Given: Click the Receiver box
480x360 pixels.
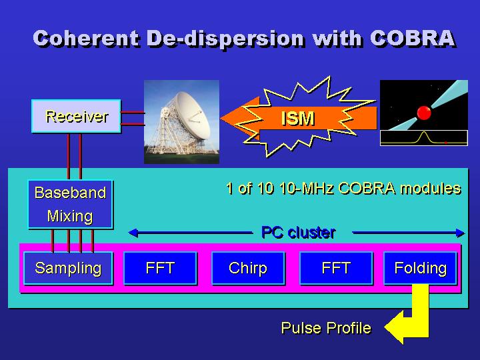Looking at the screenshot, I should [76, 117].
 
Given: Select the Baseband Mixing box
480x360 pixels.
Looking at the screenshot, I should [70, 205].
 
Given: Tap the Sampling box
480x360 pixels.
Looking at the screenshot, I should [68, 269].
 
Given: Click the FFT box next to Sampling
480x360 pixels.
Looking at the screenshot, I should [160, 269].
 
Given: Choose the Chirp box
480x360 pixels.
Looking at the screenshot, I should [248, 269].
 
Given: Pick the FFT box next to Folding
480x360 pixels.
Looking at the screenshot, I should [336, 269].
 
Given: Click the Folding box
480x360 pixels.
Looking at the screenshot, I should [420, 269].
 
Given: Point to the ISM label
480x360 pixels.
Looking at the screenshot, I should [297, 119].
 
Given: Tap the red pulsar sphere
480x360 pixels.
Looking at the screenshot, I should [423, 112].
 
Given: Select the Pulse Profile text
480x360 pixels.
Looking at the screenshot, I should [325, 328].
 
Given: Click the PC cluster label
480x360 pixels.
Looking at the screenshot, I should [298, 233].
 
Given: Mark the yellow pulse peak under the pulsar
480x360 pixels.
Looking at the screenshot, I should [422, 135].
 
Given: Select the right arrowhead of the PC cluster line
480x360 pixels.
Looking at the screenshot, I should [460, 233].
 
